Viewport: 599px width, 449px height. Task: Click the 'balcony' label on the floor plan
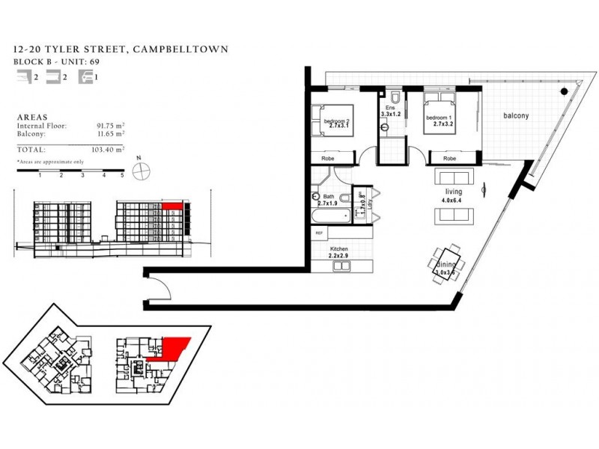tap(516, 116)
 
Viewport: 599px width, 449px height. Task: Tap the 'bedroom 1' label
tap(440, 118)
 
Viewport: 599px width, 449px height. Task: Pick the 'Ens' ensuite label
tap(389, 109)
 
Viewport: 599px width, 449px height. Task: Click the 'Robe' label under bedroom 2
tap(329, 159)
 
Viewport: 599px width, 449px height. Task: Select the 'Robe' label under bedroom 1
tap(449, 159)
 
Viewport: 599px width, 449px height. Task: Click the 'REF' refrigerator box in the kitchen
tap(320, 233)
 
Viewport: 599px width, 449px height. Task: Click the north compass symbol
tap(139, 170)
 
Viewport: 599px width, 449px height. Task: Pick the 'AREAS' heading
tap(32, 117)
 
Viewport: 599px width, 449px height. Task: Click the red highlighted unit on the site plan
tap(172, 348)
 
